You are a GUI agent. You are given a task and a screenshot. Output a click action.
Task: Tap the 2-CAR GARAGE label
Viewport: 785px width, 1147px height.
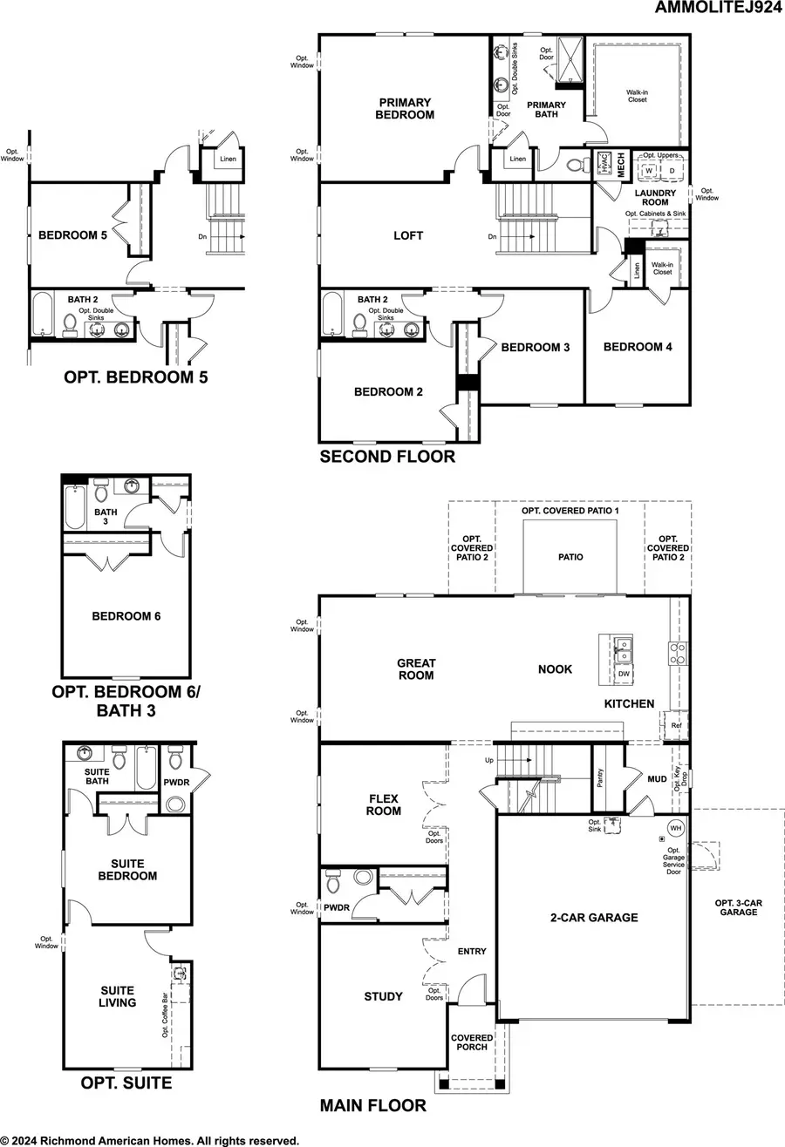(593, 917)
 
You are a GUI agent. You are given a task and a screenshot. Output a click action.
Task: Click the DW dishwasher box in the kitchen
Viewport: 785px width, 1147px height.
(624, 674)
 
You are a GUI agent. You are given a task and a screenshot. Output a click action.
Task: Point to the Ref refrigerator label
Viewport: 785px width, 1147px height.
(675, 723)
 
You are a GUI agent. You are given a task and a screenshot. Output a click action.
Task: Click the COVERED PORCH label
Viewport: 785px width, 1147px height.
(469, 1042)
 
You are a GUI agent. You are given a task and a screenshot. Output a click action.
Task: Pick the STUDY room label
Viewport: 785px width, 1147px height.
(383, 996)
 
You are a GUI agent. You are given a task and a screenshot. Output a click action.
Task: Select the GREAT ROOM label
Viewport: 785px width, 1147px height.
(416, 669)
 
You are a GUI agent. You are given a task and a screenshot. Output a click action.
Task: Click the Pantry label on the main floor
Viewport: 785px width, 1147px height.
(601, 777)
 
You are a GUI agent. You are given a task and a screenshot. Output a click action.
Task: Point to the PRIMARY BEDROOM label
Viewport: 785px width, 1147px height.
(405, 108)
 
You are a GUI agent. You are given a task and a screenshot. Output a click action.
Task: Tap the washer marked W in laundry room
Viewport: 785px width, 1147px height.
(648, 170)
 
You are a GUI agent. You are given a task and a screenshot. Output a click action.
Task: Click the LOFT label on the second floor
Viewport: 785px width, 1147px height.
(408, 235)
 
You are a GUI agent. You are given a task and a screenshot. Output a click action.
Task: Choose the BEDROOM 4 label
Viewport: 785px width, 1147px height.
(638, 347)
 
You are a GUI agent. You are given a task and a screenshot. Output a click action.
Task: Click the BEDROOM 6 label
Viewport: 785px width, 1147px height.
(126, 616)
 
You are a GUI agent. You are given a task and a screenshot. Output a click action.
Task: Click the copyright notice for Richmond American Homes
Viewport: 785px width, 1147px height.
(151, 1139)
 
